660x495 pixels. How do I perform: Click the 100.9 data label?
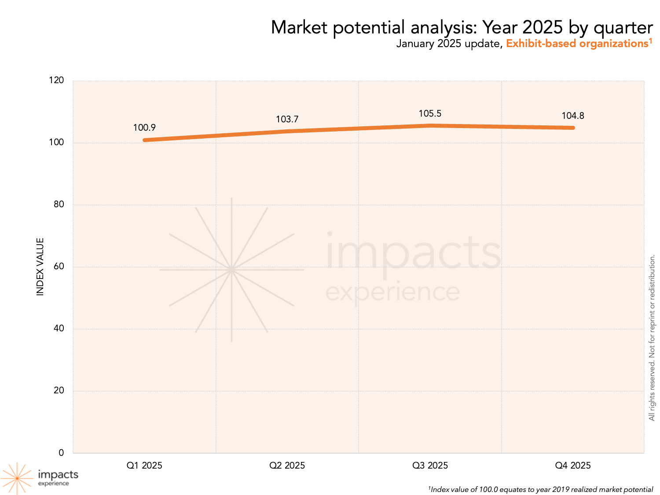[144, 128]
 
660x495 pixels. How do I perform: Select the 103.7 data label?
[287, 119]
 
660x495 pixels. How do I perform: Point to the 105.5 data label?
[430, 114]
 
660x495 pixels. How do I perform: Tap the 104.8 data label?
[573, 116]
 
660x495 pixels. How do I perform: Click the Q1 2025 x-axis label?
[144, 466]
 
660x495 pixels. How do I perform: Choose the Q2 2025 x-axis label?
[287, 466]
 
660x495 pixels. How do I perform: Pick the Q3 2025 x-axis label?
[430, 466]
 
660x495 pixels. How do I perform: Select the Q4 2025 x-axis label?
[573, 466]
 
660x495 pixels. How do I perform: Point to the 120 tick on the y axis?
[57, 80]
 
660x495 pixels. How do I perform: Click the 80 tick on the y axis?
[59, 204]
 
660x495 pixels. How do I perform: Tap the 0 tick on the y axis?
[61, 453]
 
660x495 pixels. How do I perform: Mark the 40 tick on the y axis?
[59, 328]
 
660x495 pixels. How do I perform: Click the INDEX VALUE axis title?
[40, 267]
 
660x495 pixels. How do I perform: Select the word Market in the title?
[299, 27]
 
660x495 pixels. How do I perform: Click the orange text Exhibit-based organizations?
[577, 44]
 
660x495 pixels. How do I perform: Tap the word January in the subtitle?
[415, 44]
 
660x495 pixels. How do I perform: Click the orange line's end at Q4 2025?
[573, 128]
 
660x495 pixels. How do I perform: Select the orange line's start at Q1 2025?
[144, 140]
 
